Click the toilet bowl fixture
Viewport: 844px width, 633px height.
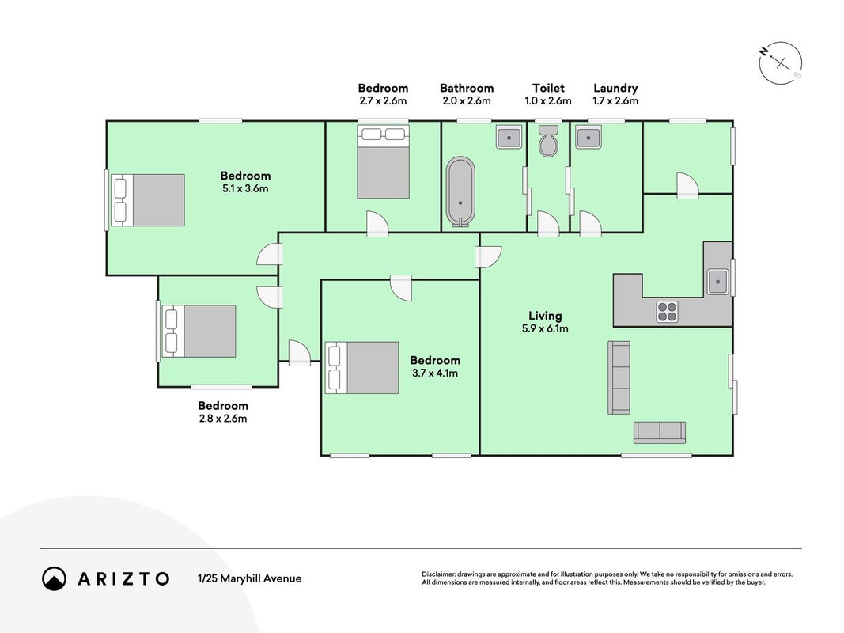(x=548, y=141)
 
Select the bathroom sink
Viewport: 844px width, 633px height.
(x=509, y=137)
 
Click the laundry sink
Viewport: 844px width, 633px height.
(x=589, y=137)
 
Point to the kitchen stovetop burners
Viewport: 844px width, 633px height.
(x=668, y=311)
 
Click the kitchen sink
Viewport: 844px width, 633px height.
(x=718, y=281)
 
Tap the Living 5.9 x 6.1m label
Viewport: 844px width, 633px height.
(x=545, y=322)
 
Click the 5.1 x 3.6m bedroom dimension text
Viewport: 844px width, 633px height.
(x=245, y=188)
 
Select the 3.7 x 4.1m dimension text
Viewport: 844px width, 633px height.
(x=435, y=373)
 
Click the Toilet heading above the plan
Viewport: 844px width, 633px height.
(x=548, y=88)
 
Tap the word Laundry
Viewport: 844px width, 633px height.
(x=615, y=89)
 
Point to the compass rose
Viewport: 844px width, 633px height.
(x=781, y=63)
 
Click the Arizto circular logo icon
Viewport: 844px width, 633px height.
(x=55, y=578)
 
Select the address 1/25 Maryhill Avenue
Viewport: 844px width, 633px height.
(x=250, y=578)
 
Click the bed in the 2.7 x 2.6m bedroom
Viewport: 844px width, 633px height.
(x=384, y=162)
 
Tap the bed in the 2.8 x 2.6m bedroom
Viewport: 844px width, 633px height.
(x=199, y=331)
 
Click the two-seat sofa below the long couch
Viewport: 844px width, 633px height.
(x=660, y=432)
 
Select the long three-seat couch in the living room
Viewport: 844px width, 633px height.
(x=619, y=377)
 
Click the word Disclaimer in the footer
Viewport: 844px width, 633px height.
(x=439, y=574)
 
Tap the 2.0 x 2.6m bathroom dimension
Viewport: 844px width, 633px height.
(x=467, y=100)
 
